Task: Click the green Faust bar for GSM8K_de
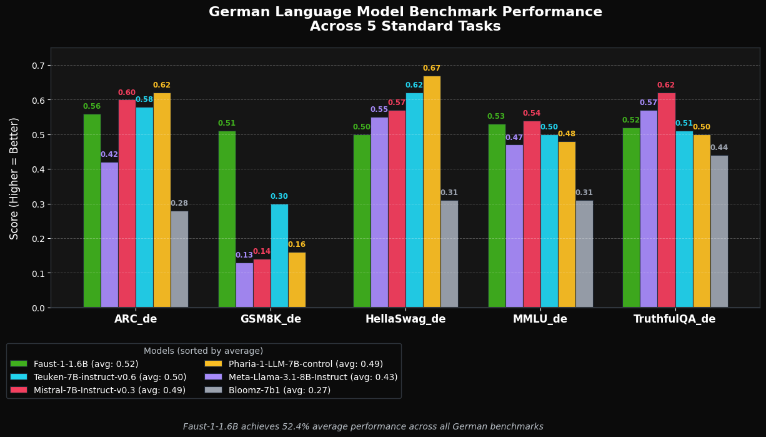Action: pos(227,219)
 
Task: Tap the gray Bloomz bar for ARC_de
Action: pos(179,259)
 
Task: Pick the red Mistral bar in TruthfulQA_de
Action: pos(666,200)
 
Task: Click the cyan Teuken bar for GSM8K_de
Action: pos(279,256)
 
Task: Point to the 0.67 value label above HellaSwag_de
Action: pos(432,69)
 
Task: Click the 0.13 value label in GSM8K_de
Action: pos(244,256)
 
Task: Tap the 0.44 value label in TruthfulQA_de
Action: pos(719,148)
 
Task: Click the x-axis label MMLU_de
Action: pos(540,319)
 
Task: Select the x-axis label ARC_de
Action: pos(136,319)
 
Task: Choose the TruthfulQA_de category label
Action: pos(675,319)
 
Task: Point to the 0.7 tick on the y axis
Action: pos(38,66)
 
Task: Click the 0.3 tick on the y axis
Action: pos(38,204)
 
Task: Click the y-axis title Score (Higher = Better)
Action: pos(14,178)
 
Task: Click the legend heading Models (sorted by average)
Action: pos(203,351)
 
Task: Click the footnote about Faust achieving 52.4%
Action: pos(363,427)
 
